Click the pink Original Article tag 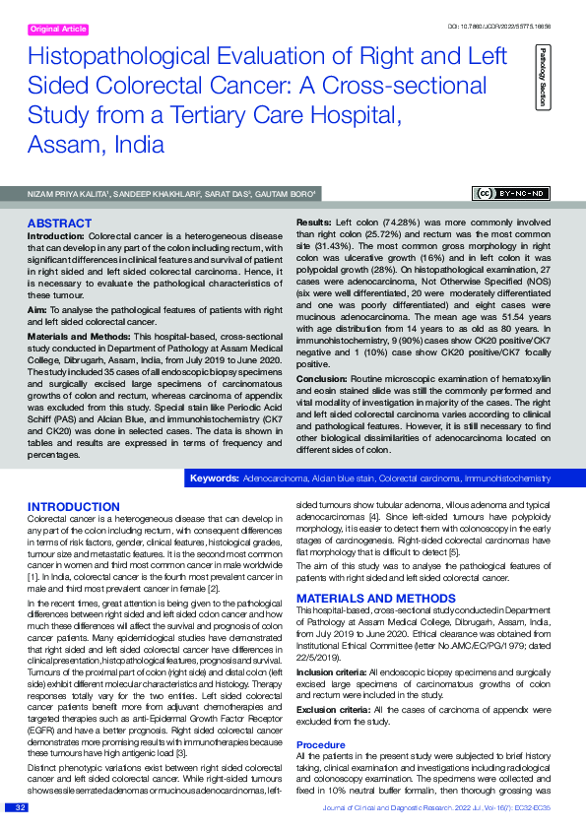coord(58,30)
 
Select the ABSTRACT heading coord(60,224)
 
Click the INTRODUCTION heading coord(73,506)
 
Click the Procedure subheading coord(320,744)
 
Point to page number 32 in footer coord(19,807)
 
